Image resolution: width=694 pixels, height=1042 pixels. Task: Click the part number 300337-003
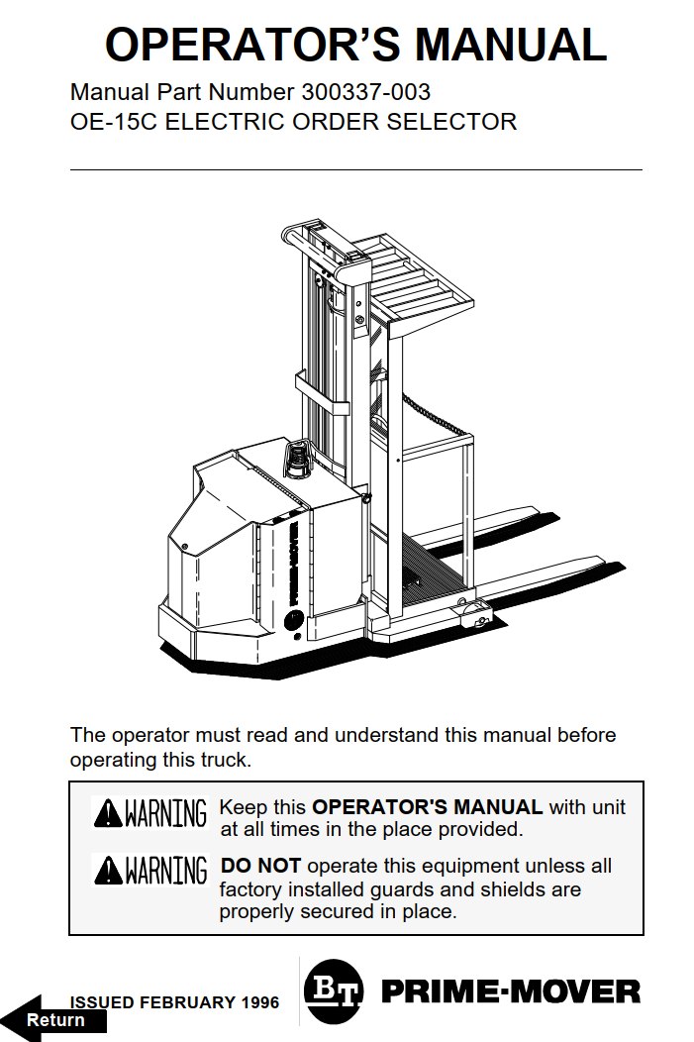tap(363, 93)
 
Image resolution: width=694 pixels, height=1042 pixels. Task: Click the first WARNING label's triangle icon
tap(108, 814)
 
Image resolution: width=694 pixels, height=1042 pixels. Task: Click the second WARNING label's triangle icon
tap(108, 871)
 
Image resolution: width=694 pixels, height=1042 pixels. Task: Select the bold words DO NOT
tap(260, 866)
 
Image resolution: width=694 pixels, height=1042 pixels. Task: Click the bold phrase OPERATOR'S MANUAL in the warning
tap(427, 807)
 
